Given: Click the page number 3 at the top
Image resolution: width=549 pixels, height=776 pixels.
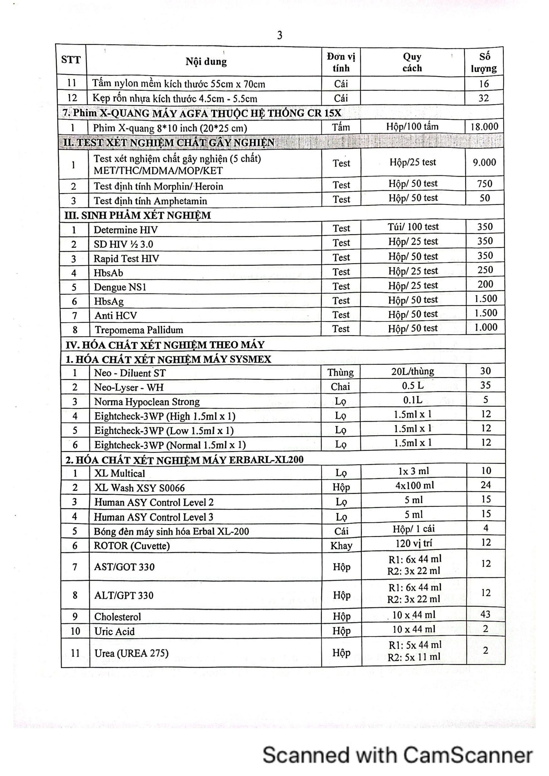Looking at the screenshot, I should point(279,35).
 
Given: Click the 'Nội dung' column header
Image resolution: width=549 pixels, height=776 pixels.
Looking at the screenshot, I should point(206,62).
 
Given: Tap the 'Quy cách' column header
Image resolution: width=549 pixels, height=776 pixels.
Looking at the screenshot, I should point(412,63).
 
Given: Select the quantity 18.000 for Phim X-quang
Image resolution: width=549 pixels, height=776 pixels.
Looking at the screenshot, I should point(484,127).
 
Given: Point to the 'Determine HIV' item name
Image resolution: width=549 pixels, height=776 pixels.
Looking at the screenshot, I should point(126,230).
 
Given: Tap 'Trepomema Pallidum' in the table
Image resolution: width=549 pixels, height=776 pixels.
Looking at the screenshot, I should point(139,330).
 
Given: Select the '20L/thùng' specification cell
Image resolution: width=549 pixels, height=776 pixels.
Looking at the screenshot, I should point(413,371).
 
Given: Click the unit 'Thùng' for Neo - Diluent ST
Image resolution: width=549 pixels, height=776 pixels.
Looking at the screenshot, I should point(340,372).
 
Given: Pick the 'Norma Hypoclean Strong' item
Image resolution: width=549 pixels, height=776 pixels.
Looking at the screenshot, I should point(147,401).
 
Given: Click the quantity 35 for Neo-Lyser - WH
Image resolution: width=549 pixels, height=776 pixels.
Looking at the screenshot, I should point(485,385).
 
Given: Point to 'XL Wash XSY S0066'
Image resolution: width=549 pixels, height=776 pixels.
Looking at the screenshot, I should point(139,488).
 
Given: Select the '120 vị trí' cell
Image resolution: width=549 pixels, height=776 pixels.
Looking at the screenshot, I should point(413,544).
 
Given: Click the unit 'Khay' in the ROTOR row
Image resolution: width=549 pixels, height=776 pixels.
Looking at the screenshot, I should point(341,545).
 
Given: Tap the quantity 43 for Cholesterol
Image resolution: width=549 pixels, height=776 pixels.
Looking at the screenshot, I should point(485,614).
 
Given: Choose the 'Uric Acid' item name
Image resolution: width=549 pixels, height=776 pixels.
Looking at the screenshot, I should point(114,631).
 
